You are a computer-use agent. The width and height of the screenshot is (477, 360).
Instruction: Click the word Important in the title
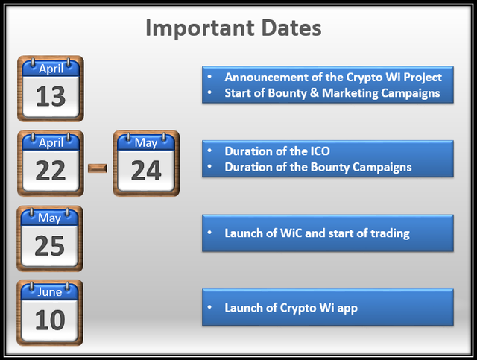coord(200,29)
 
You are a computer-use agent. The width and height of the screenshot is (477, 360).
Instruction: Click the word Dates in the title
coord(291,28)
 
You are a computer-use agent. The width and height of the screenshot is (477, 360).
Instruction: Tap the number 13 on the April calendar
coord(51,96)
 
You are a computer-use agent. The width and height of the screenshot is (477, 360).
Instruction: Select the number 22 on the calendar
coord(51,171)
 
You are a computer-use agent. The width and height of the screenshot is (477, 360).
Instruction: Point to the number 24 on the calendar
coord(146,171)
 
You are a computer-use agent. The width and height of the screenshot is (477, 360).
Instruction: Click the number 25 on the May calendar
coord(50,246)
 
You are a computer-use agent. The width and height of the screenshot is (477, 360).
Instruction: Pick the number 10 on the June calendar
coord(50,320)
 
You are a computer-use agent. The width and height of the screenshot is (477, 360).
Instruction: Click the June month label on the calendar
coord(50,292)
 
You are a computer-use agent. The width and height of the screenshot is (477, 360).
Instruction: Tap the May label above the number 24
coord(146,143)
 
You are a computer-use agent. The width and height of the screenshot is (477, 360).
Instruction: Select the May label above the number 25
coord(50,218)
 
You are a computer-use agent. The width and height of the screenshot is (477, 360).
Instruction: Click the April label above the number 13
coord(51,69)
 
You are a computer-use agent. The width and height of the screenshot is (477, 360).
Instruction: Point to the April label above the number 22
coord(51,143)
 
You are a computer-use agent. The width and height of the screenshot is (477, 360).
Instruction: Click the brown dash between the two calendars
coord(98,168)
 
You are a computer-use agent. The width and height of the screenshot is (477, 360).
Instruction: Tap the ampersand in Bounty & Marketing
coord(315,93)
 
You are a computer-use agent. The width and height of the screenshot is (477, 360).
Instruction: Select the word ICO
coord(320,151)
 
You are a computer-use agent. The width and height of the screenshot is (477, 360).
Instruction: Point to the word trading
coord(390,234)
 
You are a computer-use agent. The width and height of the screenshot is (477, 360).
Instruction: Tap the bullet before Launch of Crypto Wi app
coord(209,307)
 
